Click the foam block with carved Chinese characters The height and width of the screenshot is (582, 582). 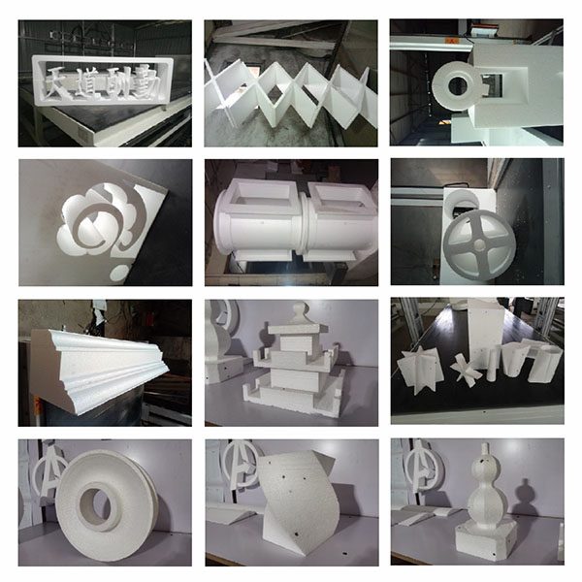[x=103, y=81]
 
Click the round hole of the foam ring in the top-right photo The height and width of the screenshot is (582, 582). [x=458, y=86]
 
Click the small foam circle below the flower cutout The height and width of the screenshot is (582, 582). [x=119, y=273]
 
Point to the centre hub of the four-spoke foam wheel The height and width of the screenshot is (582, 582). [x=479, y=244]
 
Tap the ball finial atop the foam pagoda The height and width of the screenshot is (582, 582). [x=300, y=312]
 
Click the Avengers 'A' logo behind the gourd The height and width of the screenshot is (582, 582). [x=424, y=467]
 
